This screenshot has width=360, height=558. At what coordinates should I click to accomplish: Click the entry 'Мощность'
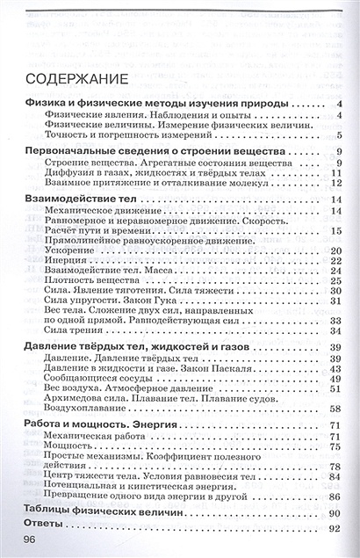tap(67, 446)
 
